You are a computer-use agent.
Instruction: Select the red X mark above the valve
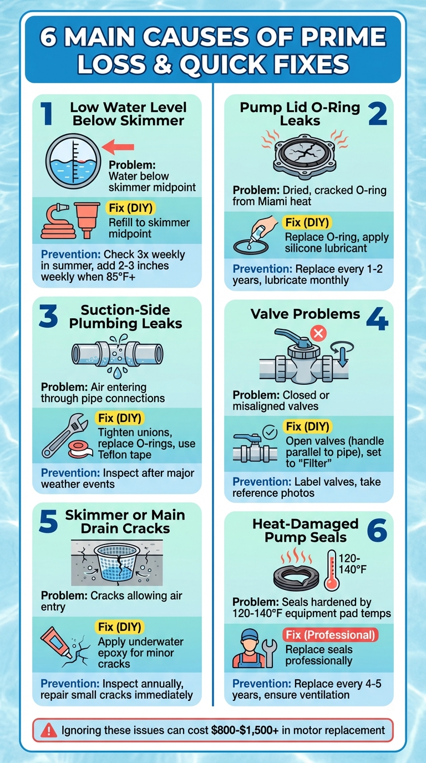click(321, 333)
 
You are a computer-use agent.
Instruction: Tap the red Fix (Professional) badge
click(331, 634)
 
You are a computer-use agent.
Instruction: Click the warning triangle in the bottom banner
click(47, 730)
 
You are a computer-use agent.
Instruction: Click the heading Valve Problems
click(305, 314)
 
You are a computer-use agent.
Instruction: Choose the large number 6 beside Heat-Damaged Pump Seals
click(377, 531)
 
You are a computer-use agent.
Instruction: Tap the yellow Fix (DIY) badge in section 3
click(120, 418)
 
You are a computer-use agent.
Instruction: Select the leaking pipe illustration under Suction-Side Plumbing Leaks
click(118, 353)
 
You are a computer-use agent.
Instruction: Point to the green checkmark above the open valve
click(268, 431)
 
